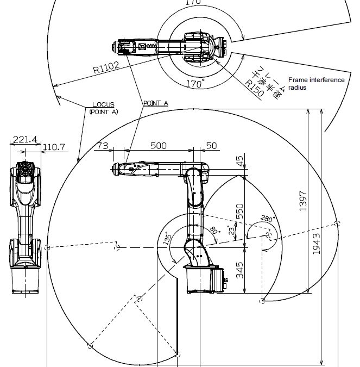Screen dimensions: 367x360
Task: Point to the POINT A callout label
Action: coord(156,103)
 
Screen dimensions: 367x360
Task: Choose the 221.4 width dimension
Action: coord(24,140)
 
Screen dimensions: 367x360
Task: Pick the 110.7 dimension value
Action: coord(54,147)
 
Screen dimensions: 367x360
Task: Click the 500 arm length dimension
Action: coord(159,146)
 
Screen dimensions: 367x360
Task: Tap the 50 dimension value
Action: coord(212,146)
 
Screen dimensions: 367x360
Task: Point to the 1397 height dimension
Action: coord(303,201)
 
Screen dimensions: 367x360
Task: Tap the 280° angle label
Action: coord(268,219)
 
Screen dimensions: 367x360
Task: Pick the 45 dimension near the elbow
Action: coord(239,161)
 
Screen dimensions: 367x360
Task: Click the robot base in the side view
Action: coord(200,277)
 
